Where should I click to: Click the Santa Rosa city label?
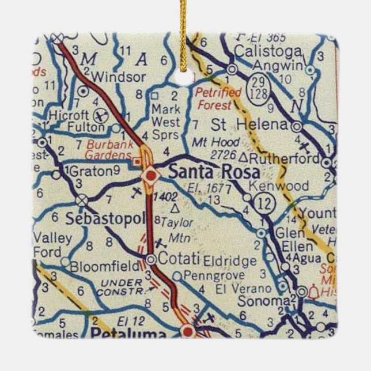[213, 172]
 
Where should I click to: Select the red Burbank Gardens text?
[110, 150]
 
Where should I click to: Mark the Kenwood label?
[280, 186]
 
